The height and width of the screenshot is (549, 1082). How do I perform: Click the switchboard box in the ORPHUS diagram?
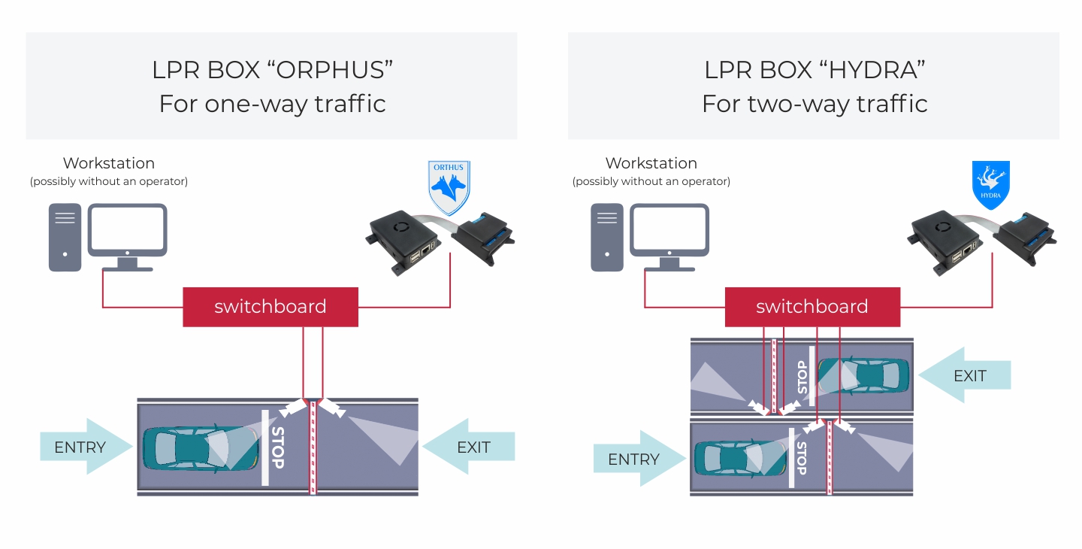(270, 307)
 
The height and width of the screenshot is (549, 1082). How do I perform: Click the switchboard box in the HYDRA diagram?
(812, 307)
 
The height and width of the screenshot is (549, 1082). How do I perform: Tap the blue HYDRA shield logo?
(990, 184)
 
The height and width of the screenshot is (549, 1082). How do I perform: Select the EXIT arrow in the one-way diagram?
(470, 447)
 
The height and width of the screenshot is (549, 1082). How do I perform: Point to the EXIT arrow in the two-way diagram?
(966, 375)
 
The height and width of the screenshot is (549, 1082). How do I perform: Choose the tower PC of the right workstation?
(606, 237)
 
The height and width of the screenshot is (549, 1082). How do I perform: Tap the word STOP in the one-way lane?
(277, 447)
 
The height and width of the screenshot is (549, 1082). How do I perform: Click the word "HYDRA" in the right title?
(872, 70)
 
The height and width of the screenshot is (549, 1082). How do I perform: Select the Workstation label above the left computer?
(109, 163)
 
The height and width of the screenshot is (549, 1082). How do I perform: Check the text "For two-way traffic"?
(815, 103)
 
